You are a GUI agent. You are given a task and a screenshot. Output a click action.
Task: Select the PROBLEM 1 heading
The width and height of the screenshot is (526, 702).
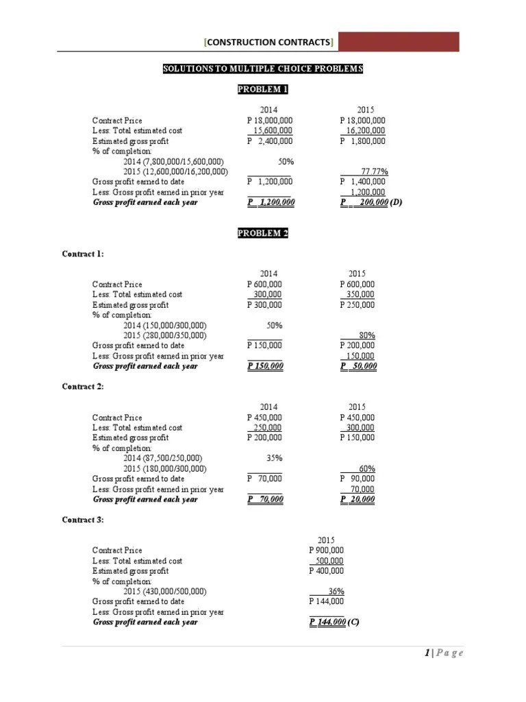(263, 90)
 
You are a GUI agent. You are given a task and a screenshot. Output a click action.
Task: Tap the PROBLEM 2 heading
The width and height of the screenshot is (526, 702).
(263, 234)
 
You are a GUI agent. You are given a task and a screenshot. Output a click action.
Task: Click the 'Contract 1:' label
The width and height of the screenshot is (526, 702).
(83, 254)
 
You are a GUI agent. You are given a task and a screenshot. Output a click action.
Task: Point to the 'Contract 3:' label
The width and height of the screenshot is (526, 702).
(83, 520)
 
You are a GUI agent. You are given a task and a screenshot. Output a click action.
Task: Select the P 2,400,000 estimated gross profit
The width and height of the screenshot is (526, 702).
(270, 141)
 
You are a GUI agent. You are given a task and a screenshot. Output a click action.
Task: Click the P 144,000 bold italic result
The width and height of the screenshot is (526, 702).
(327, 622)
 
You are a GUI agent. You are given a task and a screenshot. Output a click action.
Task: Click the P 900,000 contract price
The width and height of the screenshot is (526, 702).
(327, 550)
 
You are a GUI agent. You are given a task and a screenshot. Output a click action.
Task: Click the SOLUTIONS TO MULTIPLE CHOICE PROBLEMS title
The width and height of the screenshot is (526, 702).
(263, 69)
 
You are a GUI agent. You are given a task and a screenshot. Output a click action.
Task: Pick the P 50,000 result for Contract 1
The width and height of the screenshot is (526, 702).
(358, 366)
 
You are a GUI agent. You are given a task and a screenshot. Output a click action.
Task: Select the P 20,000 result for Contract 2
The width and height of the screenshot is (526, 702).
(358, 499)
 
